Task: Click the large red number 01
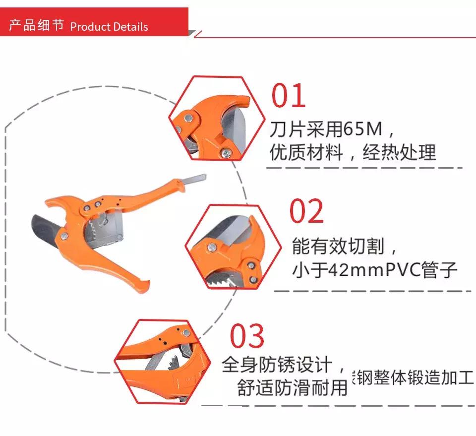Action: (x=288, y=96)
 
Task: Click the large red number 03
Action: (x=247, y=336)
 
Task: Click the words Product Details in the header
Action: (x=109, y=27)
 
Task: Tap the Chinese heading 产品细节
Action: (x=37, y=26)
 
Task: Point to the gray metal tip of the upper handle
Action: (x=194, y=178)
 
